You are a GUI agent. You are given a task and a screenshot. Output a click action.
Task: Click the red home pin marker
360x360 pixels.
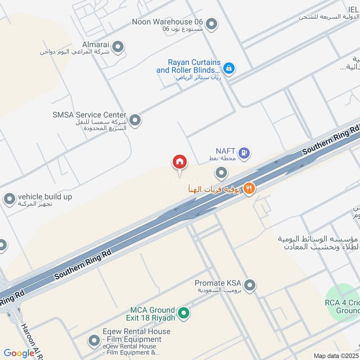tap(180, 161)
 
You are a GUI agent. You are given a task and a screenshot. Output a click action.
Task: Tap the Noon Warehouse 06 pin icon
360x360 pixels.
tap(211, 24)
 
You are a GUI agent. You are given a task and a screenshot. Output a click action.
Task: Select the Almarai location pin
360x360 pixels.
tap(118, 46)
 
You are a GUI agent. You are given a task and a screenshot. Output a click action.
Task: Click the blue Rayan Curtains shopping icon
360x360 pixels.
tap(229, 68)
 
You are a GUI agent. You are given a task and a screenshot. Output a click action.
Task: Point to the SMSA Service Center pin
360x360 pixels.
tap(135, 120)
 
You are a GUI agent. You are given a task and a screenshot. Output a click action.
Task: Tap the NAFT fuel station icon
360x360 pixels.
tap(244, 153)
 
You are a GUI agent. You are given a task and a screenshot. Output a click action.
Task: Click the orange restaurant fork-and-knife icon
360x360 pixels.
tap(248, 189)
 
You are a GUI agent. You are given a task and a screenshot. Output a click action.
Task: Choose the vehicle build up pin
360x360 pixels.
tap(9, 199)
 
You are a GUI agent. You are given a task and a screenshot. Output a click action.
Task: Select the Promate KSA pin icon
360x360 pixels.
tap(250, 285)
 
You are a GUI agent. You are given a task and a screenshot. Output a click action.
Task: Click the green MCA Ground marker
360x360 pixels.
tap(183, 313)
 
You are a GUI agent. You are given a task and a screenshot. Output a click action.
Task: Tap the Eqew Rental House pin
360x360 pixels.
tap(94, 341)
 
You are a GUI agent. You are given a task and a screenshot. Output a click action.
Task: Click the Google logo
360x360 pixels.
tap(19, 353)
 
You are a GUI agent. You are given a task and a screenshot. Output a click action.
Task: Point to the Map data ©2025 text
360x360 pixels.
tap(336, 356)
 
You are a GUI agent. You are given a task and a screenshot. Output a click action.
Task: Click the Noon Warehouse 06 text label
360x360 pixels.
tap(167, 22)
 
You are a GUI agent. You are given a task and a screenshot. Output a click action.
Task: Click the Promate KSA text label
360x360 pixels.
tap(218, 283)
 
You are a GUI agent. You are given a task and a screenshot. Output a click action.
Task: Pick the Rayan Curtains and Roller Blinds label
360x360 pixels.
tap(188, 66)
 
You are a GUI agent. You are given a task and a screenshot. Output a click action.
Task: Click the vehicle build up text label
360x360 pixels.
tap(45, 197)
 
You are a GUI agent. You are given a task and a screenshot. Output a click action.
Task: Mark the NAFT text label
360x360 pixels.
tap(225, 151)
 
